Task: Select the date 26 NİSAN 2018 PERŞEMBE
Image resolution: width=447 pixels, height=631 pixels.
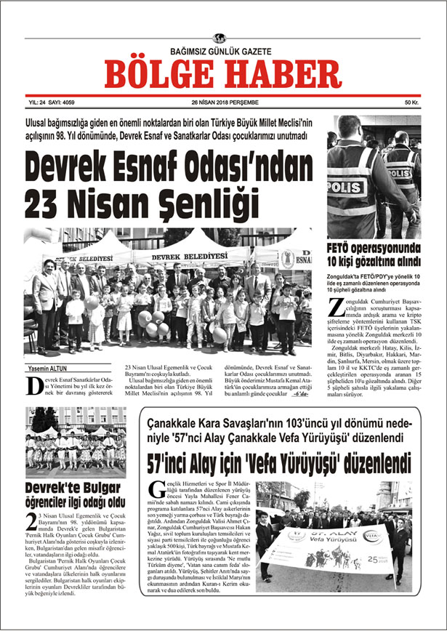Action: click(x=220, y=103)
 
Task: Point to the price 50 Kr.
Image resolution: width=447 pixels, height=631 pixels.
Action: click(x=412, y=103)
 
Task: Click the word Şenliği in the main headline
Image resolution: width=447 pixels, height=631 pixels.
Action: click(x=164, y=196)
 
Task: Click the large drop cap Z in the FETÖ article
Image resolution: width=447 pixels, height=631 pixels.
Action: click(x=334, y=307)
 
